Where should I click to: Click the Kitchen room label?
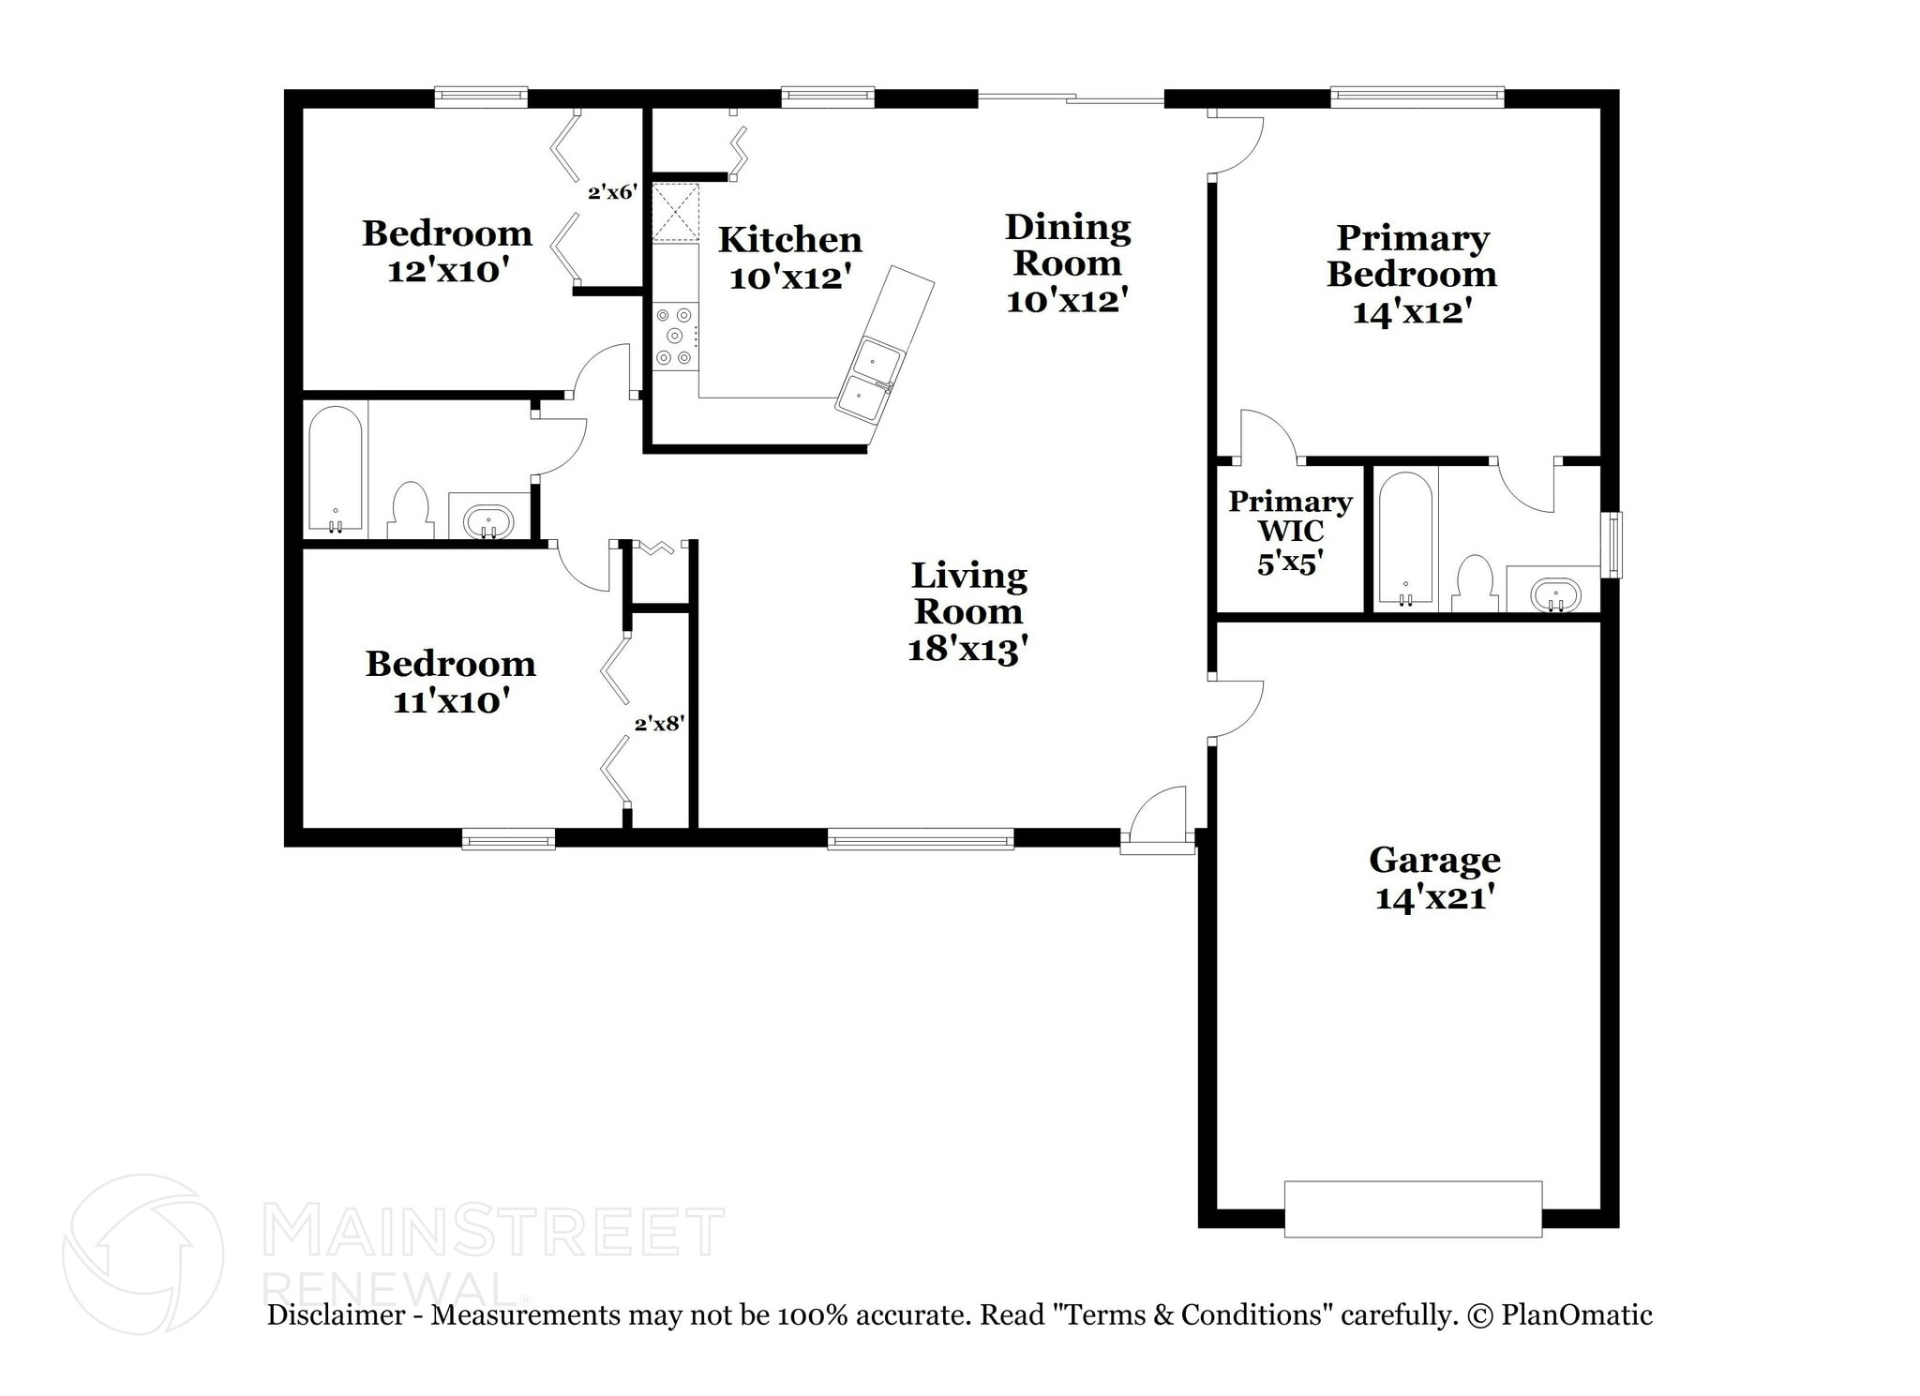coord(790,240)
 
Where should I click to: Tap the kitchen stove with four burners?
coord(676,336)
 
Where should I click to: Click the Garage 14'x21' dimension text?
coord(1434,898)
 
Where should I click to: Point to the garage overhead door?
coord(1413,1209)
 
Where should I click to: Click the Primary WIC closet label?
coord(1290,517)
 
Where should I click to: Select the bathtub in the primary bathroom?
coord(1405,540)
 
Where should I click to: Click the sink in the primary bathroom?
coord(1555,594)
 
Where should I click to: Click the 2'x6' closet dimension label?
coord(613,193)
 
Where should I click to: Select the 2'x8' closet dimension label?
coord(660,724)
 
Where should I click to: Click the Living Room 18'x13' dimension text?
coord(968,649)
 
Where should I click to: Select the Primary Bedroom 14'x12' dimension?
coord(1409,311)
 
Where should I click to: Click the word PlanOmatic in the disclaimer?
coord(1577,1315)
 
